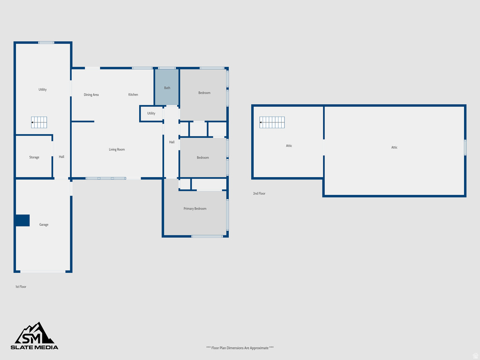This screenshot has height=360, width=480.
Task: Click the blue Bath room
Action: point(167,87)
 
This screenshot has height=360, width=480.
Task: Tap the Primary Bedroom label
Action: point(195,209)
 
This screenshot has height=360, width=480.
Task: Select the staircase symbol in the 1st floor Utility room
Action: point(39,122)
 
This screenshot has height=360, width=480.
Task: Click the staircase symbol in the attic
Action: point(272,122)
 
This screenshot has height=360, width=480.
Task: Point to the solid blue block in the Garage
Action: point(22,220)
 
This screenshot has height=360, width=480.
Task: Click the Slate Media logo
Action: point(35,336)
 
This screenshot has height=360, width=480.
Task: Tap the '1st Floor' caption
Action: point(21,287)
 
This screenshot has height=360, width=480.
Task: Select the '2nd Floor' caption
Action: point(259,194)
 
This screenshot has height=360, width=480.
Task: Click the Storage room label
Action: point(34,157)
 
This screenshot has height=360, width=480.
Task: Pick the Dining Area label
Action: point(91,95)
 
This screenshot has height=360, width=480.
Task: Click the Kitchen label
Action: point(133,95)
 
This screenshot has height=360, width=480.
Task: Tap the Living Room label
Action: point(117,150)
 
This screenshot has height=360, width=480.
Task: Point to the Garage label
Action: point(44,225)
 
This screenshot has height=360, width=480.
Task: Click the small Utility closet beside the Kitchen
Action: point(151,113)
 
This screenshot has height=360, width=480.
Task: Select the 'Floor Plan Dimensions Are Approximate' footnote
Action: point(240,348)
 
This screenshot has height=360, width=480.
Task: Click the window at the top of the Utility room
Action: point(46,43)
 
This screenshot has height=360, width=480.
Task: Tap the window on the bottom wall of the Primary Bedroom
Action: point(207,236)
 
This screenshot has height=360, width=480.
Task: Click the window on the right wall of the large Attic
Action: point(465,148)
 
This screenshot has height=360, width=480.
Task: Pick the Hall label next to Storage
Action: point(61,157)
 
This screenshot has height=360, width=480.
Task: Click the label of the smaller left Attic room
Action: point(289,146)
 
